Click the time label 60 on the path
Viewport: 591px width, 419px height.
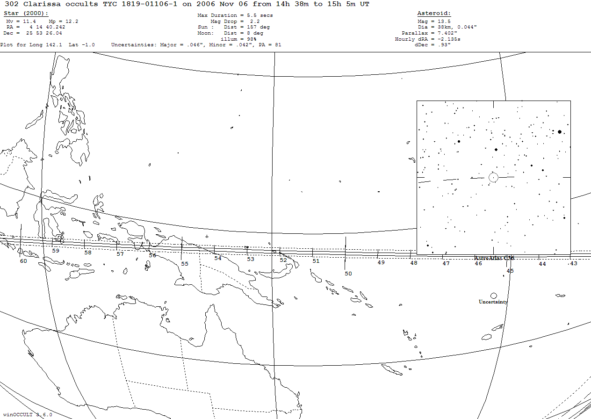(23, 261)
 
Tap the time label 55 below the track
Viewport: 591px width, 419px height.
(185, 264)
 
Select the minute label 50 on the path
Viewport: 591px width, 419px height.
(348, 274)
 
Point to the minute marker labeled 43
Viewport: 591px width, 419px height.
(573, 264)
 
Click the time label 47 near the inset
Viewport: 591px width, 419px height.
(446, 264)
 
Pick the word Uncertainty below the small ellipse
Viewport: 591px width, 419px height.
(493, 302)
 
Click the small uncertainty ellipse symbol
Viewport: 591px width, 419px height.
(493, 296)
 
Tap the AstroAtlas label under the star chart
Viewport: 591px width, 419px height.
(494, 258)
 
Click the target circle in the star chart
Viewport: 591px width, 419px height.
(493, 177)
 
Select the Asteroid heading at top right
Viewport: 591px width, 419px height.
(434, 14)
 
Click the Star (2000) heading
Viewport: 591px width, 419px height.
(26, 14)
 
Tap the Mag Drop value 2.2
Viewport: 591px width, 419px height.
(254, 22)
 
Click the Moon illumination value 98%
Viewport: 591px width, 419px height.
(252, 39)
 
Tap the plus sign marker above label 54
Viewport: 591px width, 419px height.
(207, 237)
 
